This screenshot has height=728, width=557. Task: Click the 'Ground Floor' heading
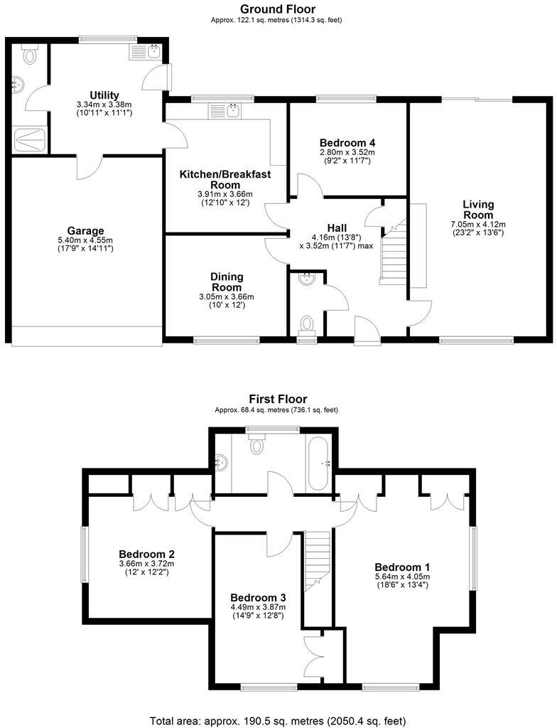(278, 9)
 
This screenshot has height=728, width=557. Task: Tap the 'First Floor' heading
(278, 400)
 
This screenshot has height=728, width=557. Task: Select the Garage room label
(85, 230)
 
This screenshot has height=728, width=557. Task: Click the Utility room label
(104, 95)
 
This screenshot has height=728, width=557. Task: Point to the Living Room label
(477, 210)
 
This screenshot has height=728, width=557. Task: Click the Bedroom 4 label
(347, 141)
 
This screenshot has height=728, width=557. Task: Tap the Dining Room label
(227, 282)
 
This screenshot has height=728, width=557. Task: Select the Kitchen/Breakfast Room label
(225, 179)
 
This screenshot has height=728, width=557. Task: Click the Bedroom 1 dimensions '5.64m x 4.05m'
(402, 577)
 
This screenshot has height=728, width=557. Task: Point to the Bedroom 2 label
(146, 554)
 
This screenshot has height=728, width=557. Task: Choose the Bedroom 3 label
(257, 597)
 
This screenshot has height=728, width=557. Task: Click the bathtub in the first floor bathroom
(318, 463)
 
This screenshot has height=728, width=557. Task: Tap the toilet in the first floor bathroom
(256, 444)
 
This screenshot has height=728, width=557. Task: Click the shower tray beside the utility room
(28, 140)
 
